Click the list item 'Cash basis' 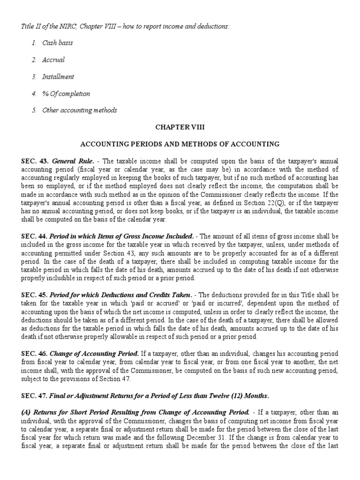57,43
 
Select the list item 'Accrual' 53,60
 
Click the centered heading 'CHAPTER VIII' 180,127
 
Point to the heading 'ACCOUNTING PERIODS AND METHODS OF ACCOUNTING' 180,144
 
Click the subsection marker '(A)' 26,412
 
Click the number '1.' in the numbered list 34,43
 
